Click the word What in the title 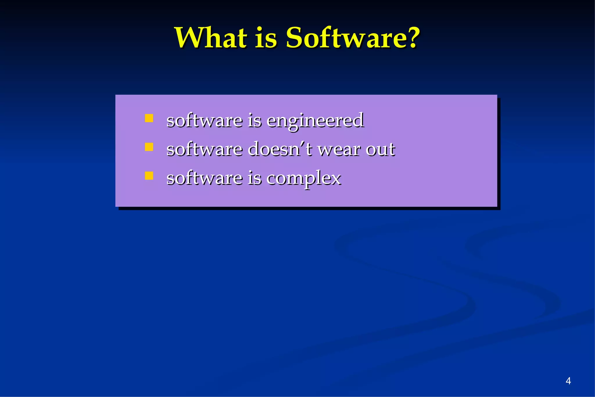point(211,38)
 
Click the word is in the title point(266,38)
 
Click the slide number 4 point(568,381)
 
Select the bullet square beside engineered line point(149,118)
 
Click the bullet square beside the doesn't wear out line point(149,147)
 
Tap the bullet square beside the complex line point(149,176)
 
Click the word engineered point(315,121)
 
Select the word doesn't point(280,149)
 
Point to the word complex point(304,178)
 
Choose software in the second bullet point(204,149)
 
